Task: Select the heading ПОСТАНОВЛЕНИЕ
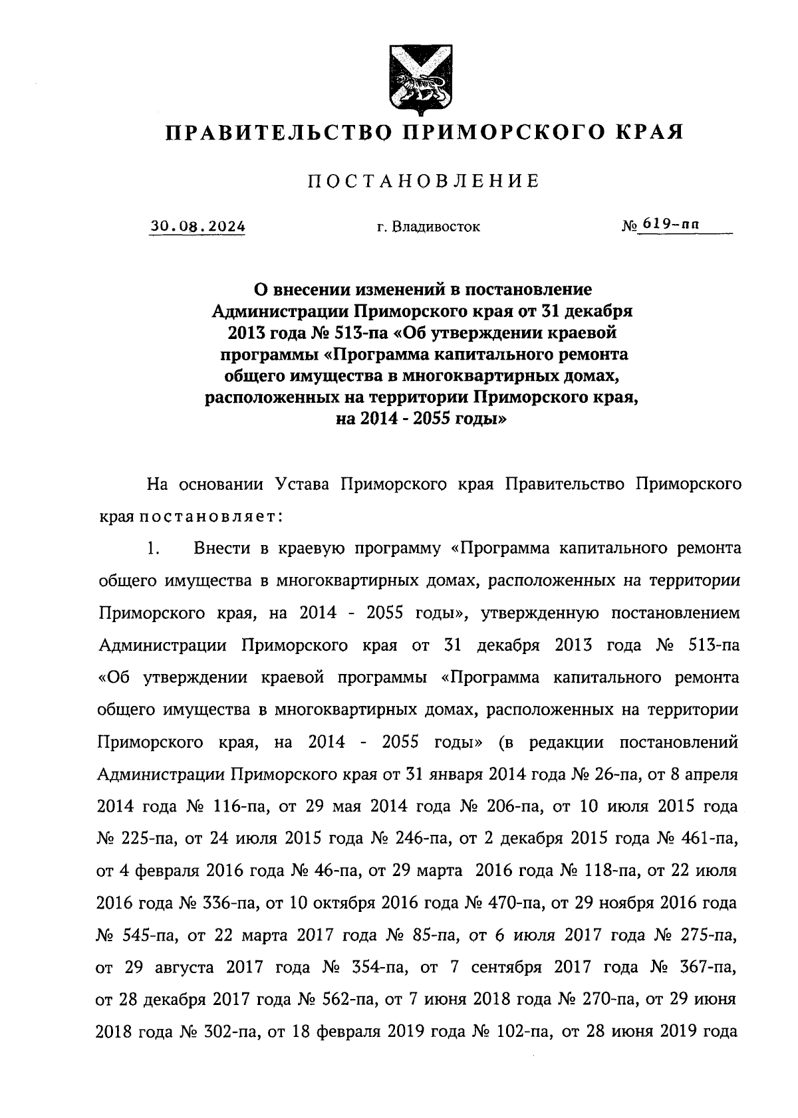coord(423,181)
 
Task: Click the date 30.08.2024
coord(198,227)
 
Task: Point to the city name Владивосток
coord(436,227)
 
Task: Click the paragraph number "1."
coord(154,549)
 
